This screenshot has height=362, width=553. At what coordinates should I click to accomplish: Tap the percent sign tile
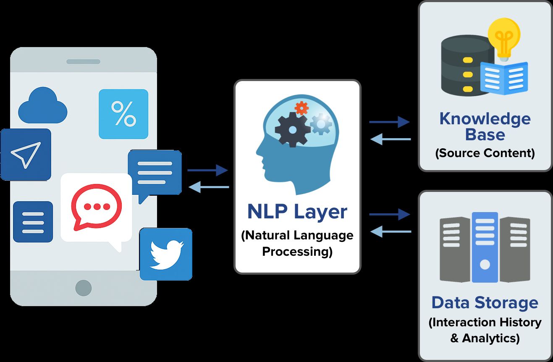tap(123, 114)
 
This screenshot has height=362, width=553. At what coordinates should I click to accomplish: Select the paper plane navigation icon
tap(26, 155)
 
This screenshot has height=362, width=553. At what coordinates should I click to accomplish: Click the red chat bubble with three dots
tap(97, 207)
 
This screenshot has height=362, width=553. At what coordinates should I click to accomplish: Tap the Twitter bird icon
tap(166, 254)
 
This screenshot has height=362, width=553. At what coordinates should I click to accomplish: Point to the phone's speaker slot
tap(83, 61)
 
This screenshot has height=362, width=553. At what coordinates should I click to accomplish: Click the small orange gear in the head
tap(301, 108)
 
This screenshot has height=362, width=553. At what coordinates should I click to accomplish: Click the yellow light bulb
tap(504, 38)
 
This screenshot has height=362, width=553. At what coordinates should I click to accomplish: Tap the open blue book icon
tap(504, 78)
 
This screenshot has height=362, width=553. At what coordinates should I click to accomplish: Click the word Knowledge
tap(485, 119)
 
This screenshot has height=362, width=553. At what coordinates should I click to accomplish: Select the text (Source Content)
tap(485, 153)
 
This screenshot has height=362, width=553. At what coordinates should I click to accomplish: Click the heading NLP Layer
tap(297, 212)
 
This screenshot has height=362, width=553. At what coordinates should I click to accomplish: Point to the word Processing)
tap(297, 252)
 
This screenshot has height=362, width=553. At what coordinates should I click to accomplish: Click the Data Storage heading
tap(485, 302)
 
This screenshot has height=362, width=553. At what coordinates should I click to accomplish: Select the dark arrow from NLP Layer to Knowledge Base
tap(389, 122)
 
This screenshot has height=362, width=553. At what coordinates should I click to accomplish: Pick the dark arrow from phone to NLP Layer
tap(207, 170)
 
